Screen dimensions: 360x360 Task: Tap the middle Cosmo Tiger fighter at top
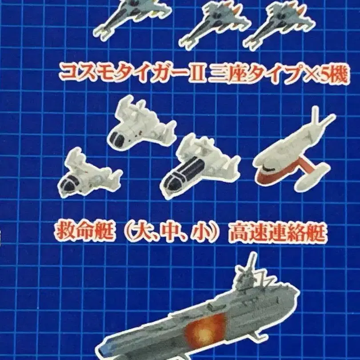[215, 25]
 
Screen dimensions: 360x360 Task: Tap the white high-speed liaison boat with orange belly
[294, 152]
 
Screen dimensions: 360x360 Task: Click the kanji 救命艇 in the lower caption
[84, 232]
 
